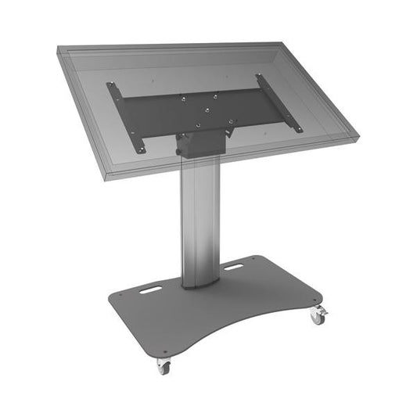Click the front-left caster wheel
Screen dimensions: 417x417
pos(163,365)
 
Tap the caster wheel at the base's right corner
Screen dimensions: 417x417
pos(318,315)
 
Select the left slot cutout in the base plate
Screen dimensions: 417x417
pos(152,290)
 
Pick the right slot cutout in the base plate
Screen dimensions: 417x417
pos(233,267)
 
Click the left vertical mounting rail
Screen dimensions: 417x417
pos(127,117)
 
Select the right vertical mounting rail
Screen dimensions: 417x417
pos(279,102)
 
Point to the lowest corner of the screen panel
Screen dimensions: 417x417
pos(105,178)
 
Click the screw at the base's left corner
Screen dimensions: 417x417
pos(114,298)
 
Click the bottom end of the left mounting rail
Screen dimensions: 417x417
pos(141,149)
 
